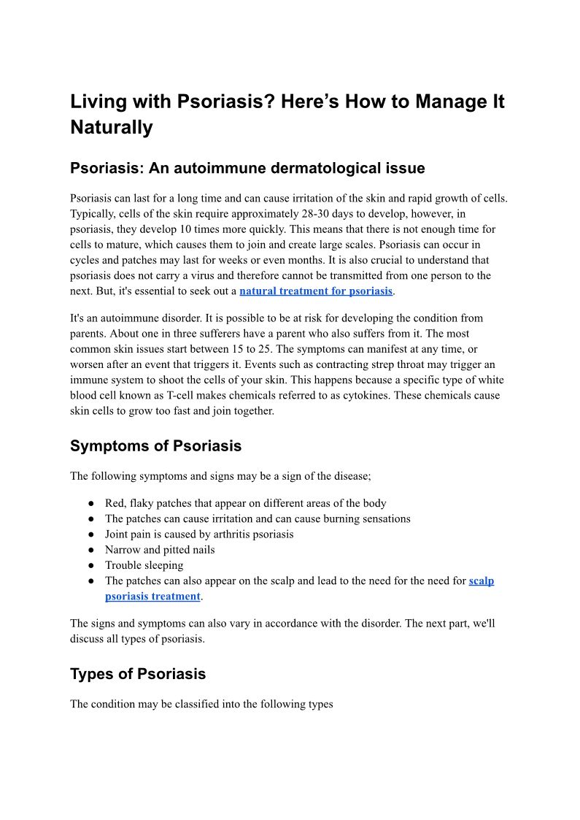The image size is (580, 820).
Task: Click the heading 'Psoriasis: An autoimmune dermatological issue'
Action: pyautogui.click(x=247, y=168)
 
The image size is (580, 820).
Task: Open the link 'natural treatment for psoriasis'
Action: pyautogui.click(x=316, y=291)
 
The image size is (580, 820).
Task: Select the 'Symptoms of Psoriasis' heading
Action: pyautogui.click(x=155, y=445)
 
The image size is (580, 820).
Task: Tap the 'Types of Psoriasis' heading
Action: pyautogui.click(x=138, y=674)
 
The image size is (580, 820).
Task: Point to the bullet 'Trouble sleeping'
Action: pyautogui.click(x=144, y=565)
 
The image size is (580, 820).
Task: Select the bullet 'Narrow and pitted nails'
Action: pyautogui.click(x=160, y=550)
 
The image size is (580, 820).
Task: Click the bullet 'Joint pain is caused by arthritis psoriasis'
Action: pyautogui.click(x=199, y=534)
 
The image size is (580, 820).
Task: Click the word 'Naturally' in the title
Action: pyautogui.click(x=112, y=128)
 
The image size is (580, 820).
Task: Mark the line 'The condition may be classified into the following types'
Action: pyautogui.click(x=201, y=705)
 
